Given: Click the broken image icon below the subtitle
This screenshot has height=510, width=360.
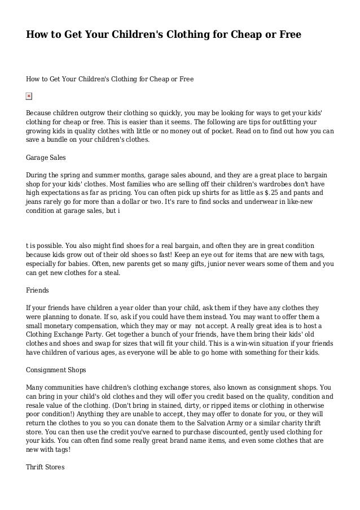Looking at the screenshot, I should (x=29, y=97).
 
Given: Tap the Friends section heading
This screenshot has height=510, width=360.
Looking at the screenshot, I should (x=38, y=290).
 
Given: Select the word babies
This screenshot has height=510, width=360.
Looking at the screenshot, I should (x=80, y=264).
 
